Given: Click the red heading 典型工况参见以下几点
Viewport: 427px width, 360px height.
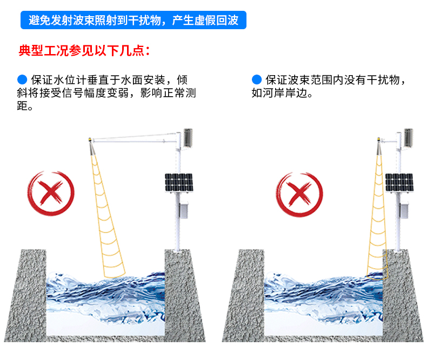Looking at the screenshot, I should coord(84,51).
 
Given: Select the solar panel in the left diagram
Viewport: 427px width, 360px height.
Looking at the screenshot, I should coord(179,183).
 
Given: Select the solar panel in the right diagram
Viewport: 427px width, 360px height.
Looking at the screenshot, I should coord(399,183).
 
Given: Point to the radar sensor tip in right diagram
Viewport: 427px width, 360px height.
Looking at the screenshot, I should coord(379,141).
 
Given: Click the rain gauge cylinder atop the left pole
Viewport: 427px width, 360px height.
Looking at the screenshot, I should coord(188,138).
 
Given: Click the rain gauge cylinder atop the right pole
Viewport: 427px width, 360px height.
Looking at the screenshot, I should coord(408,138).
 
